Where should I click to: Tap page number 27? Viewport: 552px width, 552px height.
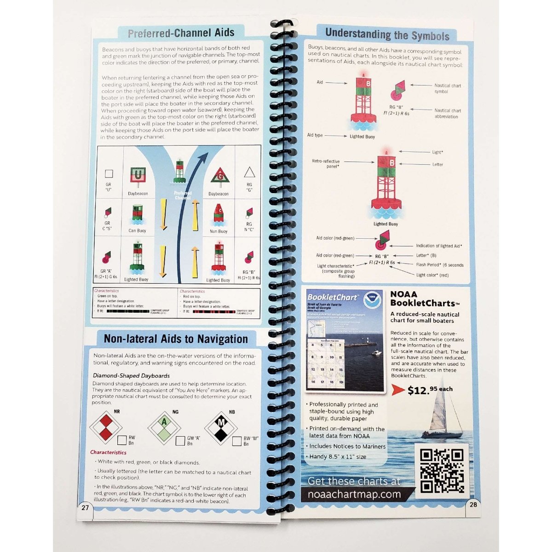85,508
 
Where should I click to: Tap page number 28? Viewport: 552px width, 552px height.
473,504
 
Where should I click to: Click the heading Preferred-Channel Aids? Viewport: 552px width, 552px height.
181,33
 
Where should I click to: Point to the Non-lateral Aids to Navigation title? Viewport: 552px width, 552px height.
176,339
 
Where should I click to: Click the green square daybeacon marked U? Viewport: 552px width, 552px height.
138,175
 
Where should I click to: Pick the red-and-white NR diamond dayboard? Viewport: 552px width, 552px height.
106,427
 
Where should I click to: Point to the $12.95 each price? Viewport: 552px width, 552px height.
430,390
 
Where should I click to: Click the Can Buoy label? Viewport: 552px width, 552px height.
137,231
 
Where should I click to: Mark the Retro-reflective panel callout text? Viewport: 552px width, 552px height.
326,164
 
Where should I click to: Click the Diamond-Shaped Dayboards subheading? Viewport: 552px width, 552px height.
131,376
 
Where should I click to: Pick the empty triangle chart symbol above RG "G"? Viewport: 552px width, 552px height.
249,172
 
